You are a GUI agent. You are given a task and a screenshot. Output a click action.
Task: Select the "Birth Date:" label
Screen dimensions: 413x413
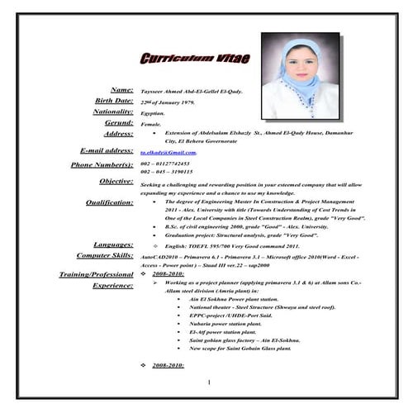click(x=114, y=100)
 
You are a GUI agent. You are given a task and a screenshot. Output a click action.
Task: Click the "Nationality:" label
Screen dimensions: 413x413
click(x=113, y=111)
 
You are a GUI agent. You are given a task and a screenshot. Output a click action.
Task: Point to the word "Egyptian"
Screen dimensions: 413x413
click(x=153, y=112)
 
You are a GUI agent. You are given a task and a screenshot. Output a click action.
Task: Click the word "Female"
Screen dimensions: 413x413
click(x=151, y=123)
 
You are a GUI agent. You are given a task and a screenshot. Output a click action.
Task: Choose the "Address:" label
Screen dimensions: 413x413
click(x=118, y=133)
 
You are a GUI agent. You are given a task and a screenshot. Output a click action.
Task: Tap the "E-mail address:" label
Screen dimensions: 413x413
click(x=107, y=151)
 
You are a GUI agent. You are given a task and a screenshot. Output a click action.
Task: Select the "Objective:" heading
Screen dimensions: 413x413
click(x=116, y=181)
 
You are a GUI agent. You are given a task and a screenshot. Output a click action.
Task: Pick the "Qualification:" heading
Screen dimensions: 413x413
click(x=109, y=202)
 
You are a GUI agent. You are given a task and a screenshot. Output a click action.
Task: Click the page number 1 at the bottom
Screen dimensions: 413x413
click(x=209, y=382)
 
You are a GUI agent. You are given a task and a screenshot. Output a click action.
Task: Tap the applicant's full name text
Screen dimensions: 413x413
click(x=191, y=91)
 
